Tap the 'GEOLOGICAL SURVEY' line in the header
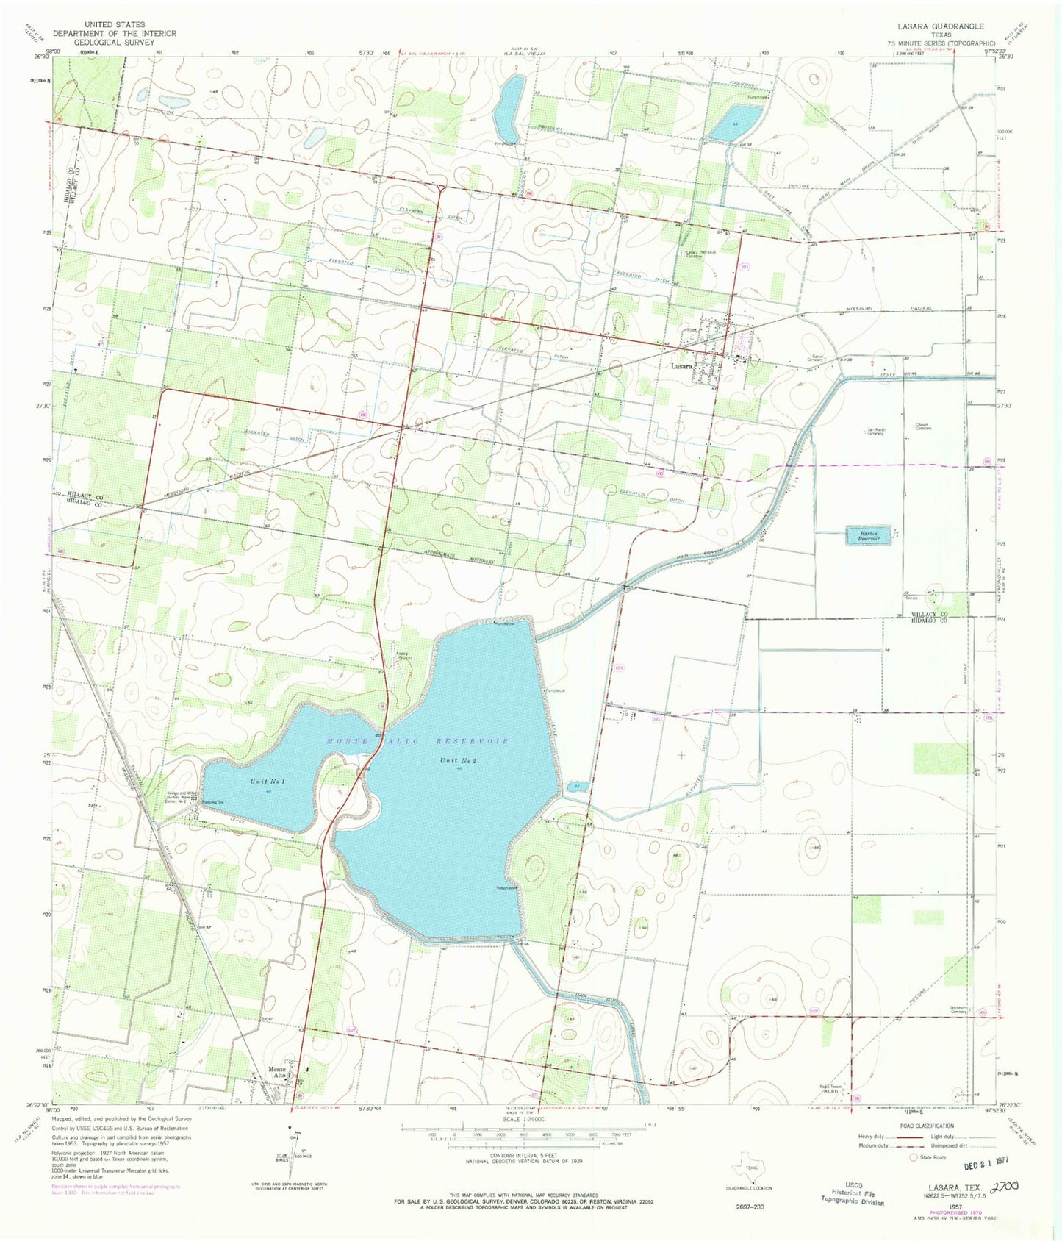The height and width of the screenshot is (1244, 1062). (114, 43)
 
